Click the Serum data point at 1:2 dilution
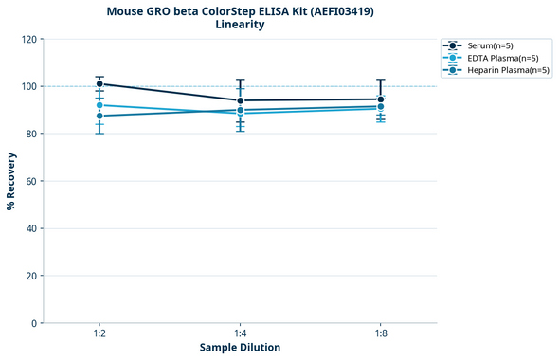pos(99,84)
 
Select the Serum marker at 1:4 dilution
pos(241,100)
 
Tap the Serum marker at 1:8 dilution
pos(381,99)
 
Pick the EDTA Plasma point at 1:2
pos(99,105)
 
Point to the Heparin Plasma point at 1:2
pos(99,116)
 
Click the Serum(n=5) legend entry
pos(490,45)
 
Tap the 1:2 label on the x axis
pos(99,333)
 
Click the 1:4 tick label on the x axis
pos(241,333)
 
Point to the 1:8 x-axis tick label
pos(381,333)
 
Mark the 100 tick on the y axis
pos(28,86)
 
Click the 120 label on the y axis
pos(28,39)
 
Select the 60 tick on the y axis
pos(31,181)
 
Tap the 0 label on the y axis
pos(34,323)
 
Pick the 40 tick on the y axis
pos(31,228)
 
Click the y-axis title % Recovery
pos(11,180)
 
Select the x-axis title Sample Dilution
pos(240,348)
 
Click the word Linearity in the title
pos(240,25)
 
